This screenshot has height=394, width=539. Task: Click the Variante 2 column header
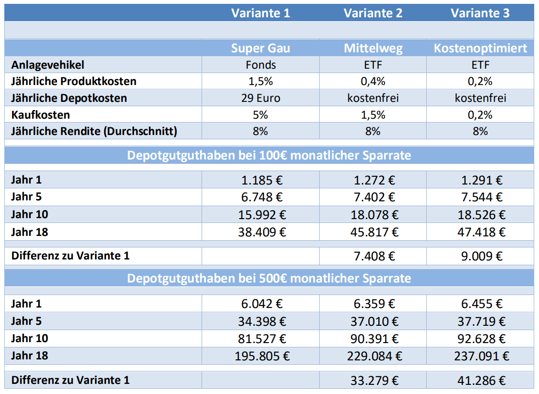373,13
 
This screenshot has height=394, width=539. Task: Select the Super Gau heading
260,48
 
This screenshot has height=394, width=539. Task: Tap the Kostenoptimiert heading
480,48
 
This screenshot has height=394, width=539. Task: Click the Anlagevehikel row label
48,65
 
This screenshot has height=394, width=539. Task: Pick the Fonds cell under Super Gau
260,65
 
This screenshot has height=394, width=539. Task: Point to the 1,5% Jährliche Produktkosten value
260,81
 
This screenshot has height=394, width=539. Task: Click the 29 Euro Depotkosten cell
260,98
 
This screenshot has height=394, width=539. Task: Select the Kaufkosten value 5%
260,115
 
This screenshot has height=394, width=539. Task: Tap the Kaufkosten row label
41,115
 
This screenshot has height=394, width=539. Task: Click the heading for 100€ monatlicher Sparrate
269,156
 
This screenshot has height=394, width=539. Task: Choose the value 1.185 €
260,180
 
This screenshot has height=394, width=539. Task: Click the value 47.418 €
480,232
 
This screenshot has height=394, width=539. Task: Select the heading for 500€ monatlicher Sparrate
269,279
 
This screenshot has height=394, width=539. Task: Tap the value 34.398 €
260,321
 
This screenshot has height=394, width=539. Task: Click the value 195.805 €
260,356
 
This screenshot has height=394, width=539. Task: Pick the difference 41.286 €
480,381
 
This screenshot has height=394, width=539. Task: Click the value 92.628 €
480,338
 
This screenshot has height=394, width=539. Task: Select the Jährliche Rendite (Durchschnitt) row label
94,131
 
